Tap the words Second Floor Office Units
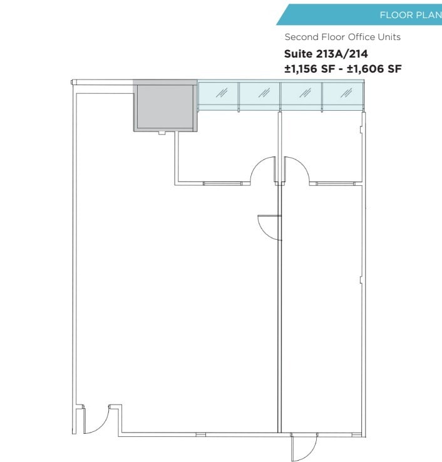pyautogui.click(x=342, y=38)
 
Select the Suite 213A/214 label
pyautogui.click(x=326, y=54)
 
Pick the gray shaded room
pyautogui.click(x=165, y=106)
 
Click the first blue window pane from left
pyautogui.click(x=218, y=94)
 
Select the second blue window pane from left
pyautogui.click(x=259, y=94)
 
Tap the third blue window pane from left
pyautogui.click(x=301, y=94)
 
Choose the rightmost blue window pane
pyautogui.click(x=342, y=94)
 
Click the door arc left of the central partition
pyautogui.click(x=261, y=169)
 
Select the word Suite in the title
pyautogui.click(x=298, y=54)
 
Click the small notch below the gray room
pyautogui.click(x=162, y=133)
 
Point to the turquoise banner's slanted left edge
pyautogui.click(x=281, y=15)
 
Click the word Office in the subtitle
pyautogui.click(x=361, y=38)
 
